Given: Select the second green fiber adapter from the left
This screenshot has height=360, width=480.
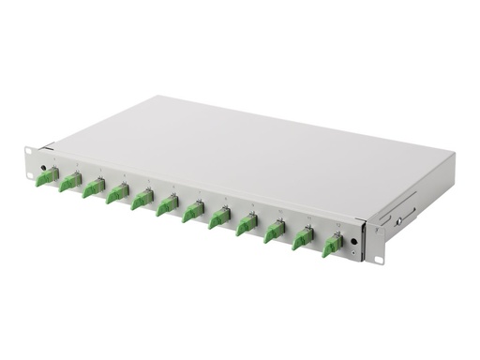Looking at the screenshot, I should pyautogui.click(x=67, y=183).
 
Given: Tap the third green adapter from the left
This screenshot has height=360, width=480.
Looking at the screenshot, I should pyautogui.click(x=92, y=188).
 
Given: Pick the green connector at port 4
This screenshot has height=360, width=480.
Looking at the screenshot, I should pyautogui.click(x=116, y=194).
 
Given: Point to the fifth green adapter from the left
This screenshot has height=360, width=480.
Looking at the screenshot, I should pyautogui.click(x=142, y=200).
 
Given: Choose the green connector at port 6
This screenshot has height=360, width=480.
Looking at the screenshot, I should pyautogui.click(x=167, y=205).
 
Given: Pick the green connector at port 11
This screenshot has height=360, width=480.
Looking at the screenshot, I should pyautogui.click(x=302, y=238).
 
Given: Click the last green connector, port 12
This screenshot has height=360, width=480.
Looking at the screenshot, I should pyautogui.click(x=331, y=246).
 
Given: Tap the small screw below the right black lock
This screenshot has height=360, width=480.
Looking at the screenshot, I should pyautogui.click(x=352, y=254).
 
